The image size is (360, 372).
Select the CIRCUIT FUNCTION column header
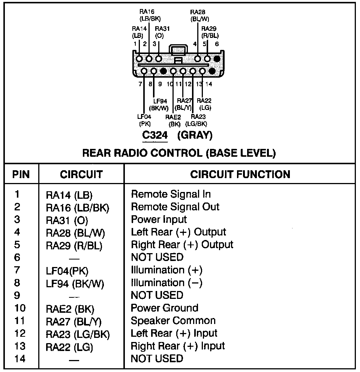click(240, 174)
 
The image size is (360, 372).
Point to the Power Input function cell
click(159, 219)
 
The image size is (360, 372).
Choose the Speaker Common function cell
click(173, 321)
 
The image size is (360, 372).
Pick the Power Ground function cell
click(164, 308)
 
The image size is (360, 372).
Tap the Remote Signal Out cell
click(175, 207)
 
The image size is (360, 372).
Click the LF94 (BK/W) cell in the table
click(75, 283)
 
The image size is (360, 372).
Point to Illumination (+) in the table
click(166, 270)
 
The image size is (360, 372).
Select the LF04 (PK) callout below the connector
click(145, 120)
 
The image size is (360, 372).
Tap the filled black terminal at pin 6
click(217, 58)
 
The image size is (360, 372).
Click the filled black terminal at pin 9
click(163, 70)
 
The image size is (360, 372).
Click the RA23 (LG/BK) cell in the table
click(78, 334)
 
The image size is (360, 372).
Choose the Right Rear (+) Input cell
click(178, 346)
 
